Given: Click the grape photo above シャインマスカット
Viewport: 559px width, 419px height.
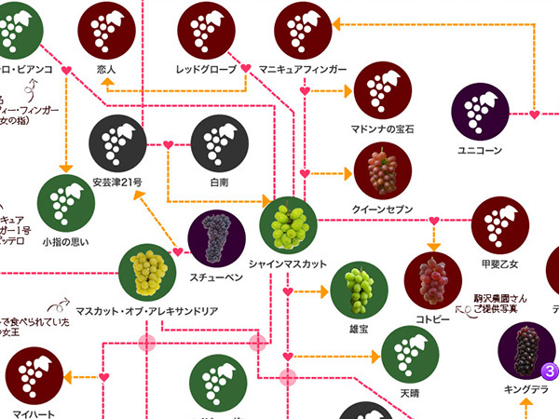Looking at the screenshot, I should click(289, 225).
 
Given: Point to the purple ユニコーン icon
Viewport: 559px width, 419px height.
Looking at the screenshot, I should click(481, 113).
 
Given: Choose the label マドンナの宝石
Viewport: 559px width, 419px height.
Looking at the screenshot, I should click(382, 128).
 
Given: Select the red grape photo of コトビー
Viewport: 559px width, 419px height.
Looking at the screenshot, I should click(432, 280).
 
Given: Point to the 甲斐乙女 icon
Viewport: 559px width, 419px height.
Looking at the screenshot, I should click(500, 226).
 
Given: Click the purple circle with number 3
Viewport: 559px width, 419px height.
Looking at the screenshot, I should click(550, 372).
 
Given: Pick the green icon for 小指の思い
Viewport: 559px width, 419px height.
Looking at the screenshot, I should click(65, 203).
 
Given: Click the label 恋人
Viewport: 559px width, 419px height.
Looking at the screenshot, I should click(105, 69).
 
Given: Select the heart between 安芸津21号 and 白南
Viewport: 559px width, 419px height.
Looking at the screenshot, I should click(169, 144).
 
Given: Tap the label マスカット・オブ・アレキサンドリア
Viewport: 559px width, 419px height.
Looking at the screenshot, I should click(146, 311).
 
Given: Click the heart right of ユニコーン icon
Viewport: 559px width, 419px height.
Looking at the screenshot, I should click(534, 115).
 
